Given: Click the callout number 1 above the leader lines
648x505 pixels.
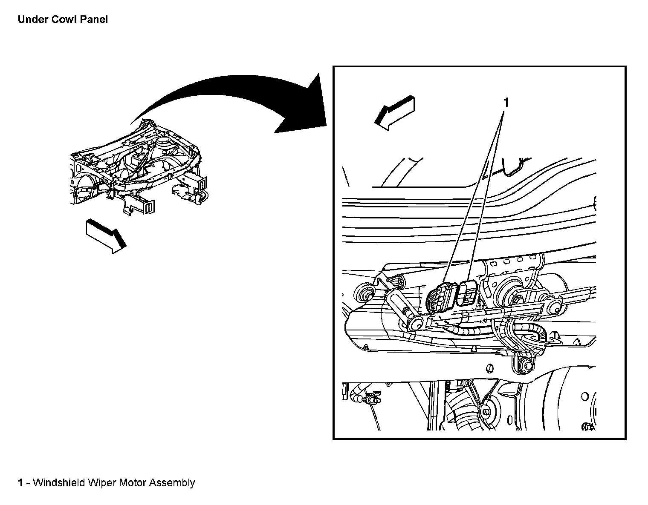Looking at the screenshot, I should pyautogui.click(x=506, y=103).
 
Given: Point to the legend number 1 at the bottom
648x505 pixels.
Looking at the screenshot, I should pyautogui.click(x=20, y=483).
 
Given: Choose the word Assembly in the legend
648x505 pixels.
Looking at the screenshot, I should pyautogui.click(x=172, y=483).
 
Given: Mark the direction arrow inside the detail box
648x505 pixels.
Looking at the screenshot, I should pyautogui.click(x=394, y=112).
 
